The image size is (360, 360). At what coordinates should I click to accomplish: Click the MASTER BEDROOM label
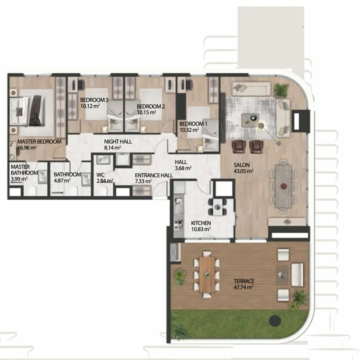39,142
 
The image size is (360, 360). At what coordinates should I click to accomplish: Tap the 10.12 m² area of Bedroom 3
90,106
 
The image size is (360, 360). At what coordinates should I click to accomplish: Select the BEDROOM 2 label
151,107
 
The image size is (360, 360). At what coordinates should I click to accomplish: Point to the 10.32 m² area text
189,130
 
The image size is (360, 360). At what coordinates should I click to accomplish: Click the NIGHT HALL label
118,142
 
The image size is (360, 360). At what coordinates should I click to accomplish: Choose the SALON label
242,165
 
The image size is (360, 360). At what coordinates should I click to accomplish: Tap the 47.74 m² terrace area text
243,287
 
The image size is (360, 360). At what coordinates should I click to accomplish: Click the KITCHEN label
201,223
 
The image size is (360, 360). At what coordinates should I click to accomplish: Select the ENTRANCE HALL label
154,175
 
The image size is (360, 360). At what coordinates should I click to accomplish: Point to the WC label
100,175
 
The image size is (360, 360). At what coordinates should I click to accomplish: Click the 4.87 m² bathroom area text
62,181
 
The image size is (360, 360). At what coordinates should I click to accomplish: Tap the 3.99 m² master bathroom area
19,179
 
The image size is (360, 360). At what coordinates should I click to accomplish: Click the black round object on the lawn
275,320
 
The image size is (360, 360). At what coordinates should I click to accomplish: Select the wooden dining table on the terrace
207,274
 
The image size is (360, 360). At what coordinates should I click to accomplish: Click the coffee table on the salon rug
250,120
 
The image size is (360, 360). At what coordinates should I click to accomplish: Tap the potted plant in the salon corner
281,90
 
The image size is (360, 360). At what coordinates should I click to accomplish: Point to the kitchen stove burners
178,225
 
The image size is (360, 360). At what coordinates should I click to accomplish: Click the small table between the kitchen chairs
218,207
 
